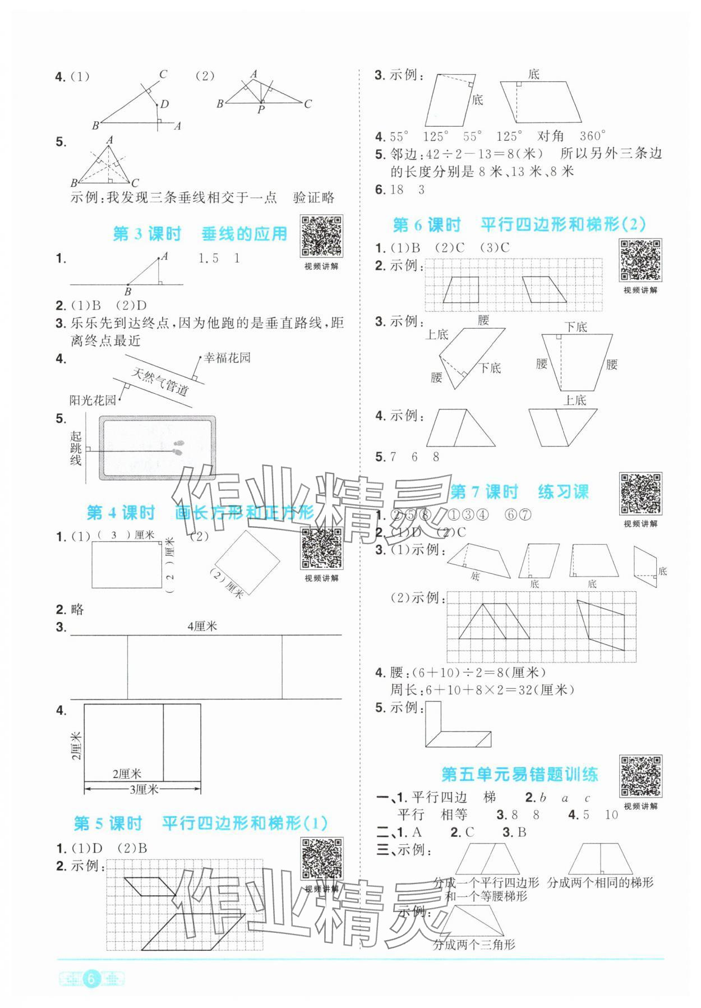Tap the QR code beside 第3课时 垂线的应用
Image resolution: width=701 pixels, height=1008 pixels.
pyautogui.click(x=322, y=236)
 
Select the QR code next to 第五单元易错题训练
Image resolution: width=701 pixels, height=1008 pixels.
pyautogui.click(x=640, y=776)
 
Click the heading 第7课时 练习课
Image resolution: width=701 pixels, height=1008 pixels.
pyautogui.click(x=519, y=492)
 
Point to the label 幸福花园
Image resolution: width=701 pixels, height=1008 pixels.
pyautogui.click(x=227, y=358)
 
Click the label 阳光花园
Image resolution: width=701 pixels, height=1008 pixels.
pyautogui.click(x=93, y=400)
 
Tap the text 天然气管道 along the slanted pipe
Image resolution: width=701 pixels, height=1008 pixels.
pyautogui.click(x=160, y=382)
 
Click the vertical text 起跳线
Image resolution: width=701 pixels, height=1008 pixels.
pyautogui.click(x=76, y=448)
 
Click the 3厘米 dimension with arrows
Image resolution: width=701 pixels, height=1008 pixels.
pyautogui.click(x=144, y=789)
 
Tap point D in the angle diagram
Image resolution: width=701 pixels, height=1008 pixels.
pyautogui.click(x=164, y=104)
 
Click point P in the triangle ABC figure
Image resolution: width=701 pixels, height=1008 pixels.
pyautogui.click(x=261, y=110)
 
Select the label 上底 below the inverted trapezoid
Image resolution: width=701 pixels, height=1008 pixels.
pyautogui.click(x=574, y=400)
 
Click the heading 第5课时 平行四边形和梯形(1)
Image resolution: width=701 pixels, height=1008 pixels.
pyautogui.click(x=201, y=823)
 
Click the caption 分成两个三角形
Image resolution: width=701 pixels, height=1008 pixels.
pyautogui.click(x=474, y=945)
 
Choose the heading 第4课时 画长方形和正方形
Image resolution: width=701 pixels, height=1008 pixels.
pyautogui.click(x=200, y=512)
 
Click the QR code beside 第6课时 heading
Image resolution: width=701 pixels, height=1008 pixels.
pyautogui.click(x=640, y=260)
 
